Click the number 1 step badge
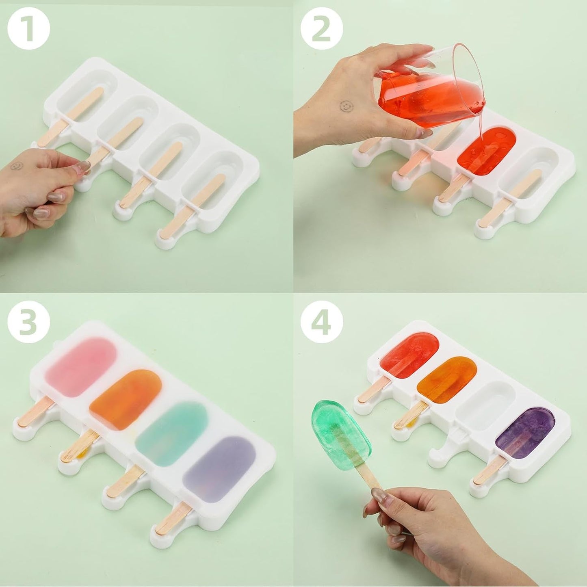(28, 29)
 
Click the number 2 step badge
(322, 29)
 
